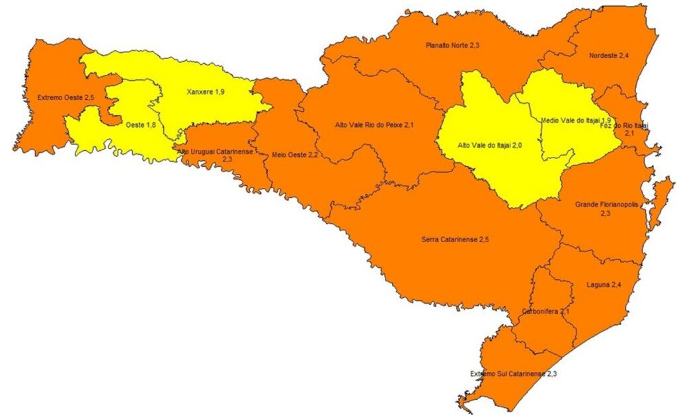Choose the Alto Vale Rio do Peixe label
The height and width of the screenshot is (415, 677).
374,124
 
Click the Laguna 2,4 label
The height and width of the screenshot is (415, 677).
604,285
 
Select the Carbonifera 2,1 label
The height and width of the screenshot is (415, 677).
545,311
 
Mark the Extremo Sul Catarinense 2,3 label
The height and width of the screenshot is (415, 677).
512,374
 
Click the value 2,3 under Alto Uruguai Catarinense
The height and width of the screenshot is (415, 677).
227,160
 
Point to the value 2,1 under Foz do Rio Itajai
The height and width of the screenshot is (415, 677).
629,133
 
